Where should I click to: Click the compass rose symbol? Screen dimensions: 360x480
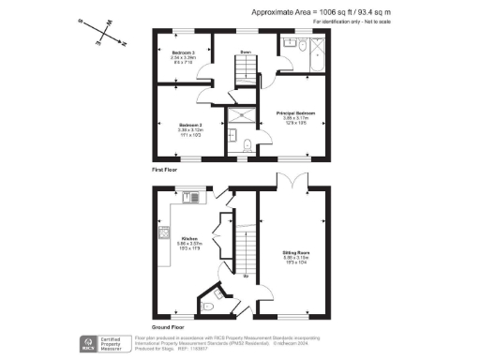click(x=105, y=33)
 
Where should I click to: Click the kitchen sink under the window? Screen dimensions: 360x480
click(x=194, y=198)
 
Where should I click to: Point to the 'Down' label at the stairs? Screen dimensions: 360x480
click(x=245, y=52)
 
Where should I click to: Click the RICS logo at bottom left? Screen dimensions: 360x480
click(x=90, y=343)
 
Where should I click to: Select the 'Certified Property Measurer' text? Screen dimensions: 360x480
click(x=120, y=344)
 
